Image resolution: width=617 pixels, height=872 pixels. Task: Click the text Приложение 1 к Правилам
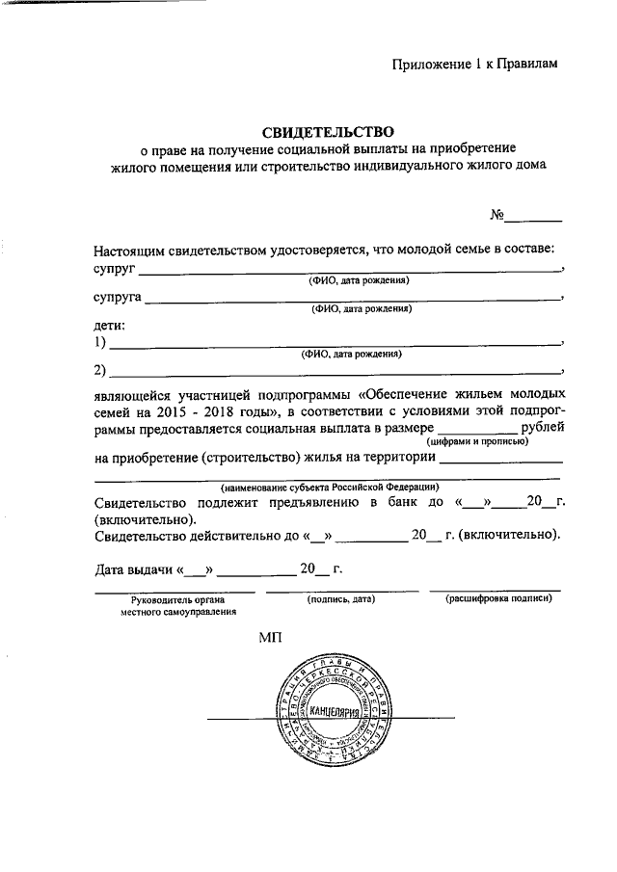click(x=475, y=65)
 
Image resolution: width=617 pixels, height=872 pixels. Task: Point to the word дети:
click(x=110, y=326)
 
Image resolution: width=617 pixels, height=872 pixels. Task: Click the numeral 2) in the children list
click(x=100, y=371)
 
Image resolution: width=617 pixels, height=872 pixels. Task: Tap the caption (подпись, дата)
click(x=340, y=599)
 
